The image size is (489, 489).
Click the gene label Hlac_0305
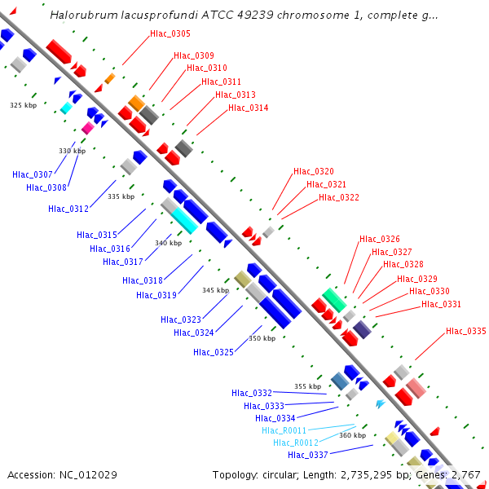pos(170,33)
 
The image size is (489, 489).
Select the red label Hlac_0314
pos(248,108)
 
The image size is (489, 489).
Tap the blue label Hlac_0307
pos(33,174)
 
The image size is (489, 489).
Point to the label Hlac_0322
pos(338,197)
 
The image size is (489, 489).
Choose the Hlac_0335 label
pos(465,331)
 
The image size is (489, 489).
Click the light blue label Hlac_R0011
pos(284,430)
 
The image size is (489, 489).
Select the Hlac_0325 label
pos(214,352)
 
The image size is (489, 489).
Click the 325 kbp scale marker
pos(24,105)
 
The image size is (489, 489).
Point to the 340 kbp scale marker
pos(169,243)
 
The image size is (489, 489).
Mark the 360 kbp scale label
pos(352,435)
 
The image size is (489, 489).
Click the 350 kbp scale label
pos(262,338)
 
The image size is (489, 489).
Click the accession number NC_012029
pos(88,474)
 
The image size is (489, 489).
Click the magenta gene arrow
pos(87,128)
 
